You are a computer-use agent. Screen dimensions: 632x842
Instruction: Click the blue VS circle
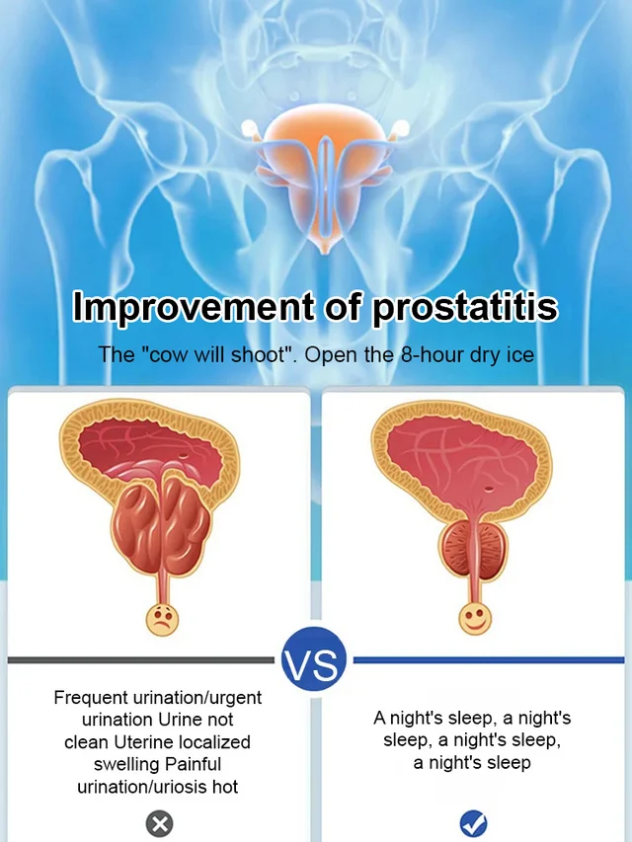314,659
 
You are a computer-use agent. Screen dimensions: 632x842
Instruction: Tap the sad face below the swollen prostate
162,620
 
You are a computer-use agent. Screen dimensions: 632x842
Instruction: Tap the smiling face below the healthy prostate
475,618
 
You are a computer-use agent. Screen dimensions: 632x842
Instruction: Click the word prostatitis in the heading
465,307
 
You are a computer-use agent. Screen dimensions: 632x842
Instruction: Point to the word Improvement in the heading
194,307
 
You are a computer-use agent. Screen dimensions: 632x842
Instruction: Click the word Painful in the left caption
193,764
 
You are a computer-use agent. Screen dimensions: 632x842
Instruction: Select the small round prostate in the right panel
474,550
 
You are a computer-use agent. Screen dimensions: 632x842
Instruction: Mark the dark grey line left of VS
141,660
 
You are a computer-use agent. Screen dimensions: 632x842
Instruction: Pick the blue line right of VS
489,660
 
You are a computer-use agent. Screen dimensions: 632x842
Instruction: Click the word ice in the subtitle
521,355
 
